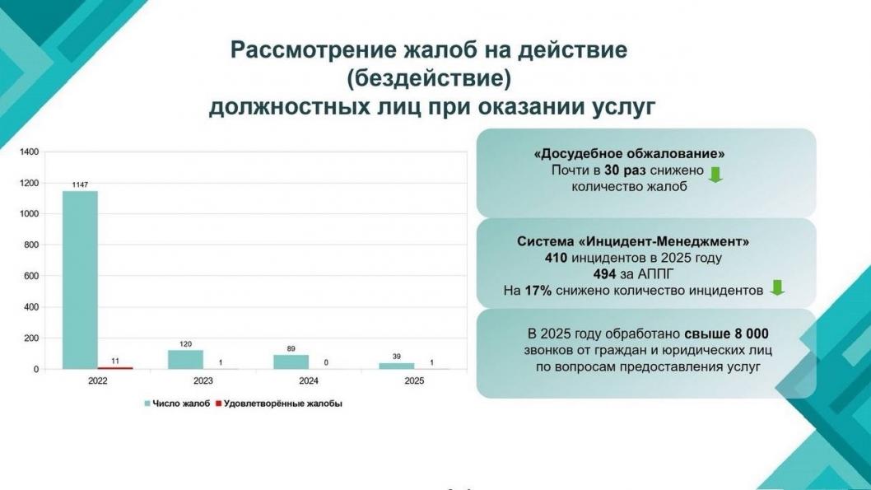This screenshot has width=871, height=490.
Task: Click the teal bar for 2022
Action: click(x=80, y=280)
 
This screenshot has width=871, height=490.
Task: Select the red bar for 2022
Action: click(x=115, y=367)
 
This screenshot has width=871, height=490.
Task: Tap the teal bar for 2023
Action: click(x=185, y=360)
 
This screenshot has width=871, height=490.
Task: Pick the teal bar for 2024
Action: click(x=291, y=362)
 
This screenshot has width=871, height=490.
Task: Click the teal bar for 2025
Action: click(x=397, y=366)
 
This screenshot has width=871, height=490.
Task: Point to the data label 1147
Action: click(x=80, y=185)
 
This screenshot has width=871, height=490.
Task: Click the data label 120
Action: click(x=185, y=344)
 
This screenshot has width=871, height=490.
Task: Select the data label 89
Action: click(x=291, y=349)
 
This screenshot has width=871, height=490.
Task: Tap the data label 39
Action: click(x=397, y=357)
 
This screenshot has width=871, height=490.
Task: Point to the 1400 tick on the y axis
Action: click(x=30, y=152)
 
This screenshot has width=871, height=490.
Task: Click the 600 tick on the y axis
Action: click(x=32, y=276)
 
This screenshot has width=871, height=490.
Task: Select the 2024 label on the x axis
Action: click(x=309, y=381)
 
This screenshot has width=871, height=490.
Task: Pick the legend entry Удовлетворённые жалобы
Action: click(x=276, y=404)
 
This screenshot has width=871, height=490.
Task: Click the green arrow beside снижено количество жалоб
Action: click(x=715, y=174)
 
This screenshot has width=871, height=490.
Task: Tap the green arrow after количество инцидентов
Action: click(x=776, y=288)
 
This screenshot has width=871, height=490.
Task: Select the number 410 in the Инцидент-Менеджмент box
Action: click(x=557, y=258)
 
